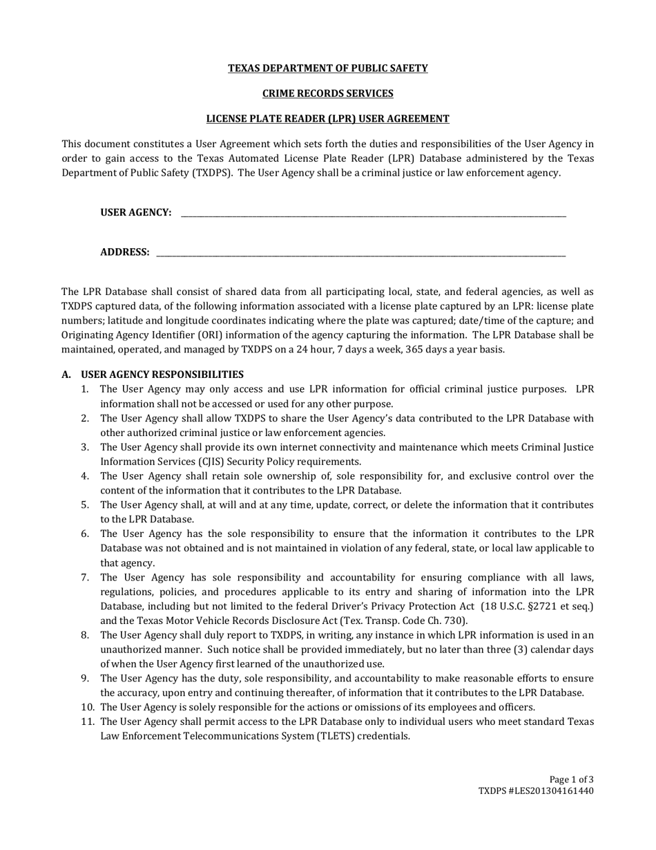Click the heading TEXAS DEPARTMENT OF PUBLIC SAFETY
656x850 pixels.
pyautogui.click(x=328, y=68)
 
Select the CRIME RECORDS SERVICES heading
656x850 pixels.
pyautogui.click(x=328, y=93)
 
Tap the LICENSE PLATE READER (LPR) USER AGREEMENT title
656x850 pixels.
pyautogui.click(x=328, y=119)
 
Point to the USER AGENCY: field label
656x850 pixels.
pyautogui.click(x=136, y=213)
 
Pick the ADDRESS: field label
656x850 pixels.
pyautogui.click(x=125, y=252)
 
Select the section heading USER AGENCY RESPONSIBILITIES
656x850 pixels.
pyautogui.click(x=162, y=375)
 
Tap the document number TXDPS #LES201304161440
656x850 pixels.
pyautogui.click(x=536, y=791)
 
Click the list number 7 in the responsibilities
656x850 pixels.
pyautogui.click(x=84, y=577)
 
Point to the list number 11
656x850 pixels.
pyautogui.click(x=86, y=721)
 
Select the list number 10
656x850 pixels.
pyautogui.click(x=86, y=707)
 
